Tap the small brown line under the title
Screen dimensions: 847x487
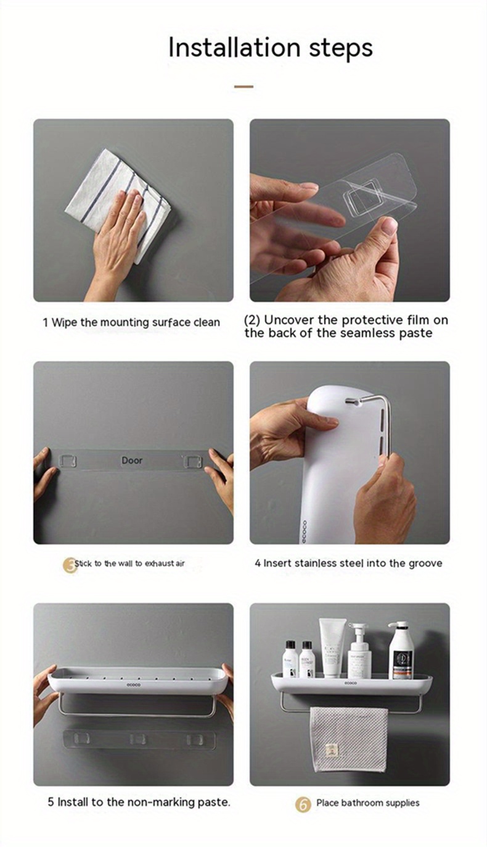(x=243, y=86)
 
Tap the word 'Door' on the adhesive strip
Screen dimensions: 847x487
(x=132, y=460)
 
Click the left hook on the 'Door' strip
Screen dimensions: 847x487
(x=68, y=461)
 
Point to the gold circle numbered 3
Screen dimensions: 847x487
(x=70, y=564)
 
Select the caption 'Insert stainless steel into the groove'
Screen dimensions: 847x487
(x=348, y=563)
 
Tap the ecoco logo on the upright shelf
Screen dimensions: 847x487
(x=303, y=530)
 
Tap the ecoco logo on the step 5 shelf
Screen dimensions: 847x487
(x=134, y=684)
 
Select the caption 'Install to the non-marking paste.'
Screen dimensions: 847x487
(x=139, y=803)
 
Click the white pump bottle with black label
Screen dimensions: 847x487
(x=400, y=651)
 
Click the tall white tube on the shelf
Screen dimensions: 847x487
(x=331, y=648)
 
